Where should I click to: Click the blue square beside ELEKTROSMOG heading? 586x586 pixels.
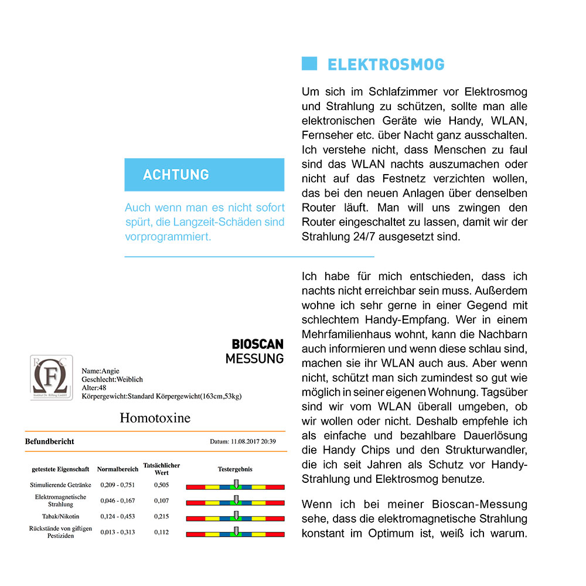pyautogui.click(x=309, y=64)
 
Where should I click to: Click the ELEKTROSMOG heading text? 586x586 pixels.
pyautogui.click(x=386, y=64)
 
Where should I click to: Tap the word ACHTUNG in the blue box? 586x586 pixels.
pyautogui.click(x=176, y=175)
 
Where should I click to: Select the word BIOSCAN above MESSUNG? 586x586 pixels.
pyautogui.click(x=257, y=344)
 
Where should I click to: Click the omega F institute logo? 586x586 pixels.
pyautogui.click(x=52, y=377)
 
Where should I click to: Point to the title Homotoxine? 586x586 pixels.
pyautogui.click(x=155, y=418)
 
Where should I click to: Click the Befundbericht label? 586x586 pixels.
pyautogui.click(x=49, y=441)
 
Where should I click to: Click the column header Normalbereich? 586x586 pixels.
pyautogui.click(x=118, y=469)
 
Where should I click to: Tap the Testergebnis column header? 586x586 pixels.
pyautogui.click(x=235, y=469)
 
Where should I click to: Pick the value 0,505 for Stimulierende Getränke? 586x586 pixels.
pyautogui.click(x=162, y=485)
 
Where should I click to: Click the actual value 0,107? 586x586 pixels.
pyautogui.click(x=162, y=501)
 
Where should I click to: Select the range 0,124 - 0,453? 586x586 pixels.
pyautogui.click(x=118, y=517)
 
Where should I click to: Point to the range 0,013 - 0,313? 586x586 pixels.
pyautogui.click(x=118, y=532)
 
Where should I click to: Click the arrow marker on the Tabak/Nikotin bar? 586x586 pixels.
pyautogui.click(x=236, y=516)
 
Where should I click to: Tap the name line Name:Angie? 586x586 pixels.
pyautogui.click(x=100, y=371)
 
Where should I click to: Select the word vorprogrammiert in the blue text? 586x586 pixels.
pyautogui.click(x=168, y=237)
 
